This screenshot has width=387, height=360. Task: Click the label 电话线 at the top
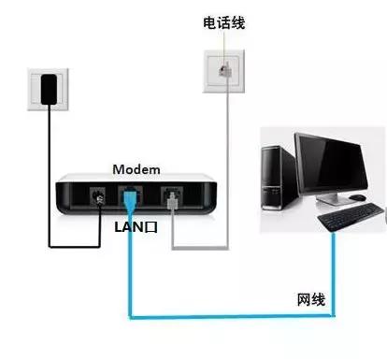coord(224,21)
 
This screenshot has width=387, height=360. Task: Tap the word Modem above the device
coord(136,169)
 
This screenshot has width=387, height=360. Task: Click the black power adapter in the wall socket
coord(49,88)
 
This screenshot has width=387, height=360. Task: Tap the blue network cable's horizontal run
coord(224,315)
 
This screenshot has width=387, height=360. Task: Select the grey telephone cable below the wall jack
coord(227,168)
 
